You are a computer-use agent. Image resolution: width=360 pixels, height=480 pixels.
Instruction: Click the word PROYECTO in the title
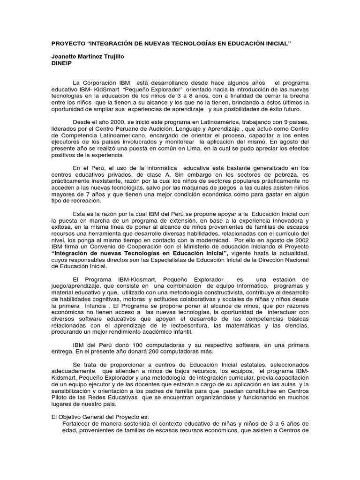(x=68, y=43)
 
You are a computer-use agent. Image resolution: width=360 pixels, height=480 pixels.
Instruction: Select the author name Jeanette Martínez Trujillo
(x=89, y=56)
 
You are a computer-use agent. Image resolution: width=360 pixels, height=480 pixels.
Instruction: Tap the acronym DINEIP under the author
(x=61, y=62)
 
